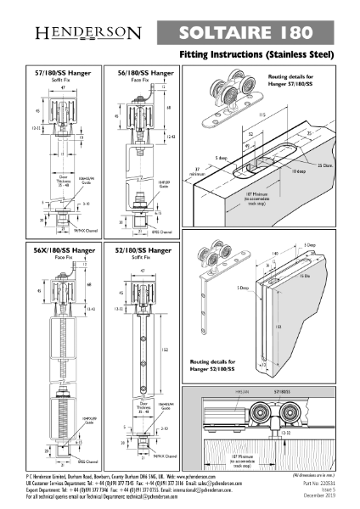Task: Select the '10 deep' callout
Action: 297,171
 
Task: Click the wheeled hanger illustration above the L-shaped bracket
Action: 233,260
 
